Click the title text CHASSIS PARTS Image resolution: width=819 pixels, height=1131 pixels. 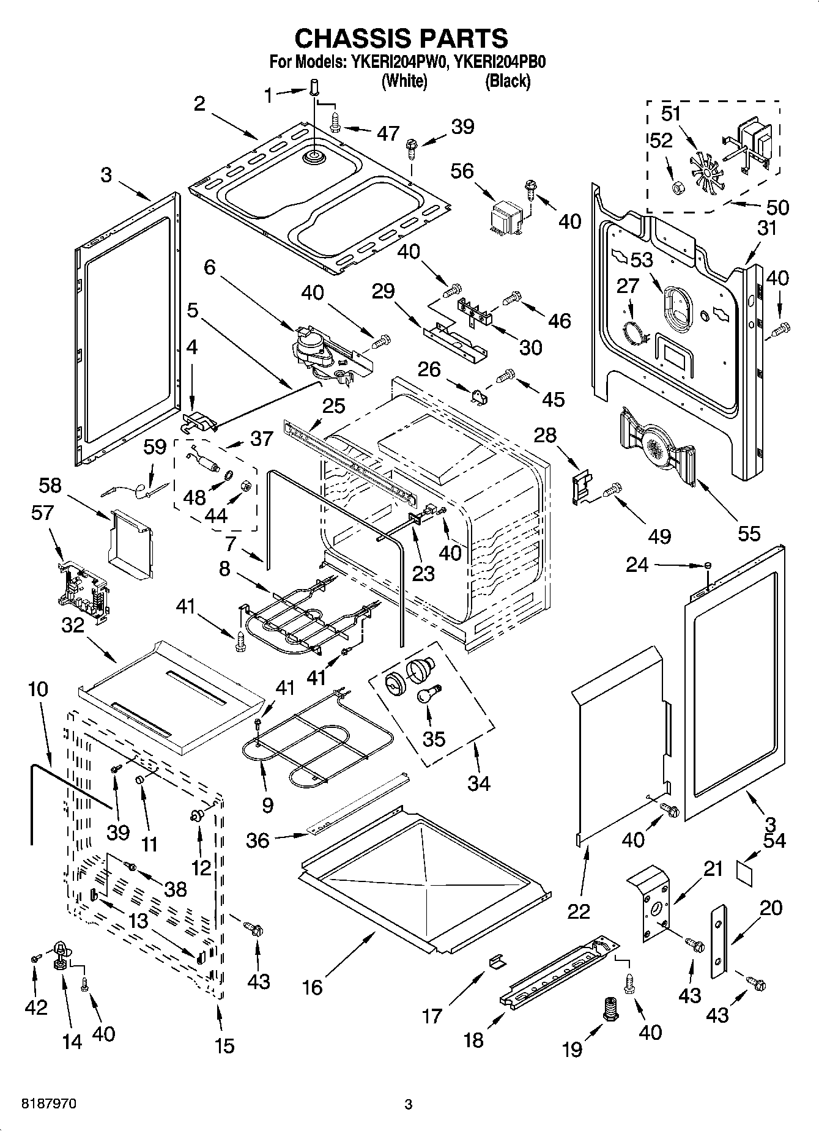click(x=401, y=38)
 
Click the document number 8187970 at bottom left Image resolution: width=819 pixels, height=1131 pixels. click(x=50, y=1104)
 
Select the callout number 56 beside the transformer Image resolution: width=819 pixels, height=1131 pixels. click(x=462, y=171)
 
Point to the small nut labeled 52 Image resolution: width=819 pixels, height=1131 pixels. click(x=676, y=188)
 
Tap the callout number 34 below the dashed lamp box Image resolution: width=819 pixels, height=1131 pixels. click(x=478, y=782)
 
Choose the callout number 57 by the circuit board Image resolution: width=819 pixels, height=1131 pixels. click(x=43, y=513)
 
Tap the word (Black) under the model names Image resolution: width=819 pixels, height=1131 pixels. click(x=507, y=81)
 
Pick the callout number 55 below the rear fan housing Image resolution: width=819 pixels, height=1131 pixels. click(x=749, y=533)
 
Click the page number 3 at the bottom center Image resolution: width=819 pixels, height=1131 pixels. click(x=409, y=1105)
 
